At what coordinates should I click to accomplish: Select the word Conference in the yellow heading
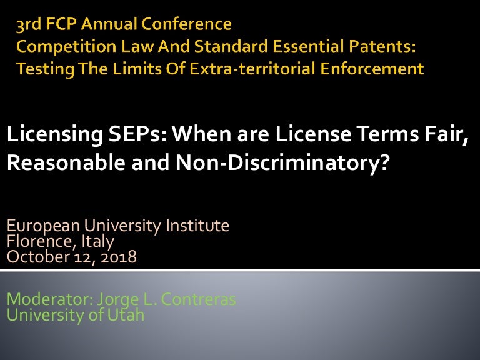pos(186,24)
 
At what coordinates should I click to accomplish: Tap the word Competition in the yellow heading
pos(66,47)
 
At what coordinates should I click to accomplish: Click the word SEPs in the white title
pos(137,134)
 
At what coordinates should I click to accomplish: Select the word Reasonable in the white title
pos(66,162)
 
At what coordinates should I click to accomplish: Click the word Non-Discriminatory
pos(282,163)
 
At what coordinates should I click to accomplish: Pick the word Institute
pos(197,226)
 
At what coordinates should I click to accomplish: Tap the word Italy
pos(97,242)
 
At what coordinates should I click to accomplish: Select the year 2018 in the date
pos(119,257)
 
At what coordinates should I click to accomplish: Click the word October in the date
pos(38,257)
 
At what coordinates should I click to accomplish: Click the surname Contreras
pos(198,299)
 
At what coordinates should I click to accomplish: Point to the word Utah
pos(126,315)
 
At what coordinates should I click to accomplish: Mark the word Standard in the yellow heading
pos(231,46)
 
